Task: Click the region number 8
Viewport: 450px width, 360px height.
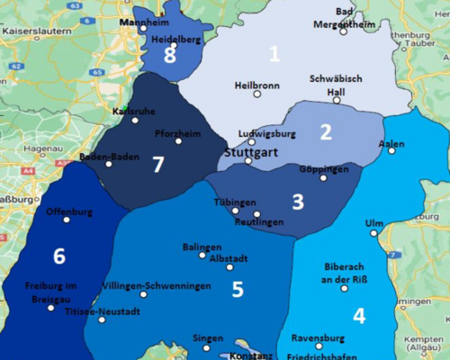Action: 170,56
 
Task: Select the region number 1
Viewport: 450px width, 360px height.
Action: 274,54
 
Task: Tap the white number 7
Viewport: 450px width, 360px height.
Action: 158,165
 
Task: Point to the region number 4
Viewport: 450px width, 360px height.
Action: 359,316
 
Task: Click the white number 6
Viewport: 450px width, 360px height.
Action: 59,256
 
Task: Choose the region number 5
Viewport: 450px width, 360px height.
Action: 238,289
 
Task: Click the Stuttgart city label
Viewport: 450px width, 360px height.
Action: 245,152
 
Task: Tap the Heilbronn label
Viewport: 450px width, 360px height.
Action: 256,85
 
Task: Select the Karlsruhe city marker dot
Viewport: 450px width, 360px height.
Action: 135,120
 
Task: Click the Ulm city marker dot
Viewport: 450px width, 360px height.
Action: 373,233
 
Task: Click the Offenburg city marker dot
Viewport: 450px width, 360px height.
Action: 66,220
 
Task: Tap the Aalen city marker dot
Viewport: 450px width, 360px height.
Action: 391,151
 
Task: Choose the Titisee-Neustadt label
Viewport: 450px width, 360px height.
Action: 103,311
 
